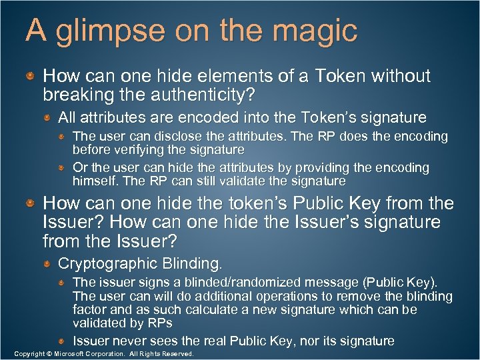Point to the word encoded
[211, 118]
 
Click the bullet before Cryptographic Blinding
[48, 265]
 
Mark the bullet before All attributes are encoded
[48, 119]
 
